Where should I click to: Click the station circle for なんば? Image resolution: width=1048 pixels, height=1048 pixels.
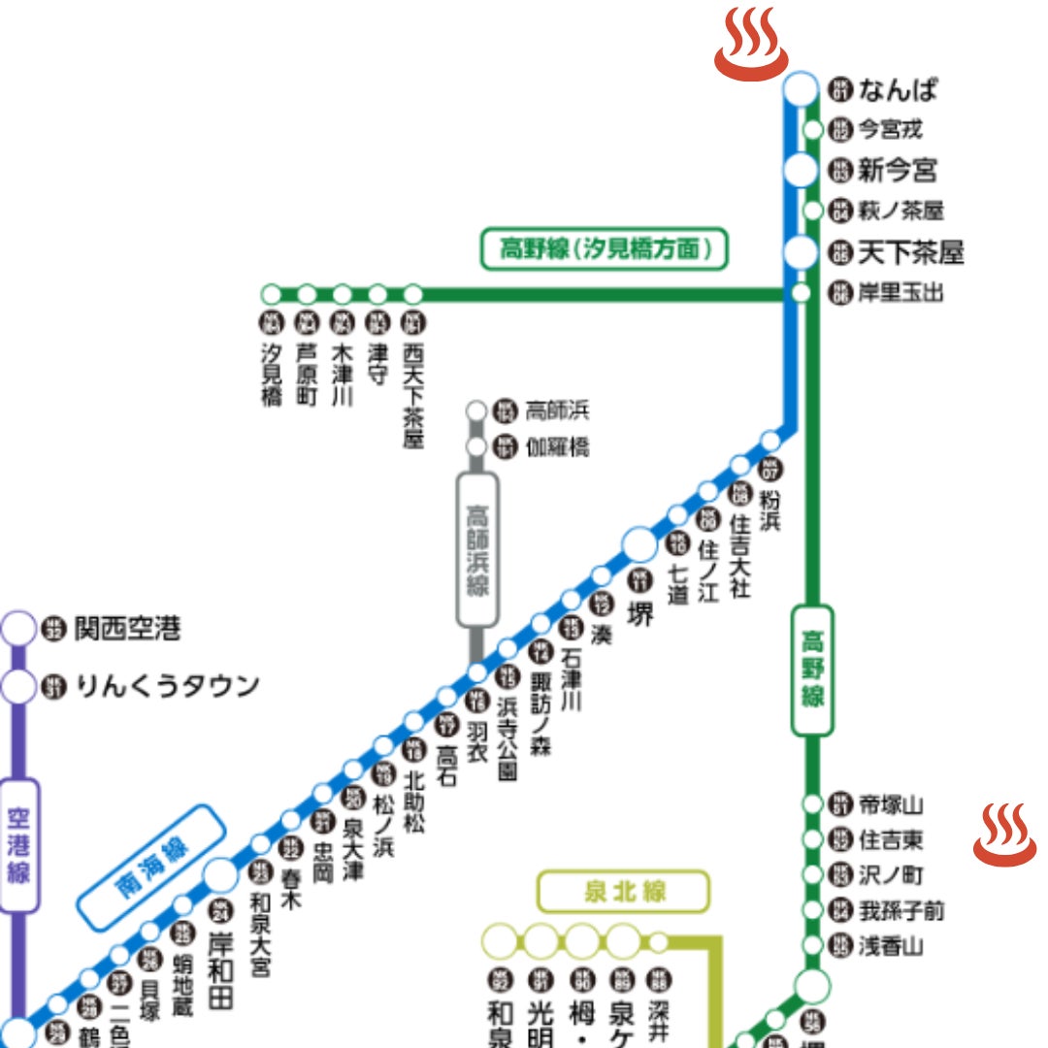pos(801,89)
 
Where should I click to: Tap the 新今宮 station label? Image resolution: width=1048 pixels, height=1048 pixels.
pos(898,172)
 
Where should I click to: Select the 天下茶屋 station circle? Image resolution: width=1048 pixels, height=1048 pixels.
pos(801,253)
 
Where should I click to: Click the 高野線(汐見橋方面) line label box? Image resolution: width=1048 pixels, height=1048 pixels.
pos(604,249)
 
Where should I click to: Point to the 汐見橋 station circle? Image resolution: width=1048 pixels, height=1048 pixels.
pos(272,293)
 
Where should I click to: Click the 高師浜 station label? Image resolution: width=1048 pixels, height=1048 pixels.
pos(557,410)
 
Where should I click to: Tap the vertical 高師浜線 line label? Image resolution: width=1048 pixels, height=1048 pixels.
pos(477,549)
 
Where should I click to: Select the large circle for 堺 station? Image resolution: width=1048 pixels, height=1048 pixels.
pos(639,544)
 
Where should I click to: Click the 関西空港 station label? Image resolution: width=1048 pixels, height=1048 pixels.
pos(127,629)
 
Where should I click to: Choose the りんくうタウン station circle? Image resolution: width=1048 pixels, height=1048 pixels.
pos(18,687)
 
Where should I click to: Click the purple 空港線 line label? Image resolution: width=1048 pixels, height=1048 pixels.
pos(19,845)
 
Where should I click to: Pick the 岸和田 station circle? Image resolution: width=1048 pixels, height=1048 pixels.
pos(221,874)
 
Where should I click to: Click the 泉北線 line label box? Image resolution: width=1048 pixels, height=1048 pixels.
pos(624,892)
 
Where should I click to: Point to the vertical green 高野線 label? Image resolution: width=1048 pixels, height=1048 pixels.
pos(812,670)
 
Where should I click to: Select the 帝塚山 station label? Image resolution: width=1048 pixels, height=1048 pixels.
pos(891,804)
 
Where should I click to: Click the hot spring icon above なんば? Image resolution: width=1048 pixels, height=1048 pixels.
pos(748,43)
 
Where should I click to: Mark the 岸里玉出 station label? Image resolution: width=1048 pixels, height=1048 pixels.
pos(900,292)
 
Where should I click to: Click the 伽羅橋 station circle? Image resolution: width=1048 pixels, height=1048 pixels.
pos(476,446)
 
